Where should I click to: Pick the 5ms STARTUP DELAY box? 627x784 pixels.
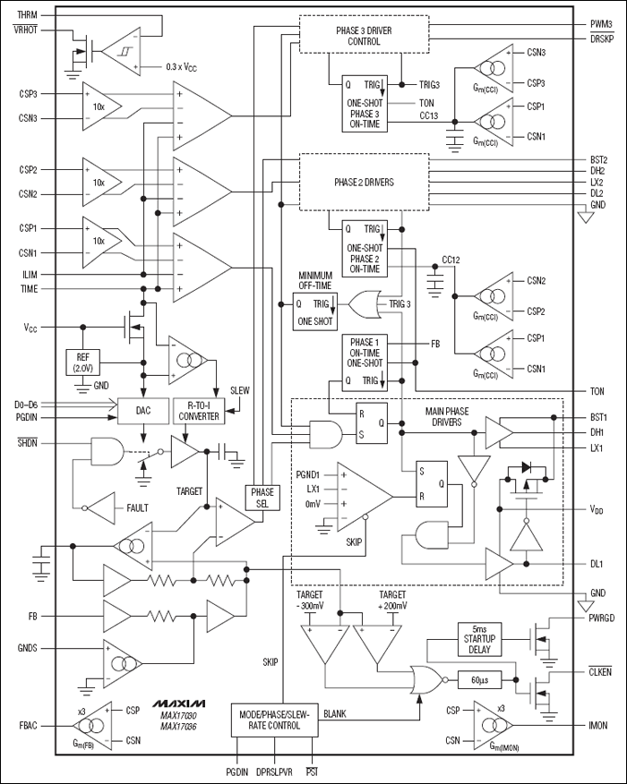pos(484,638)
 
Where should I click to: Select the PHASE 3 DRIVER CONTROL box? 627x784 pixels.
pos(364,34)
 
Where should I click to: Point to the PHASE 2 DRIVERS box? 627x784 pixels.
pos(364,181)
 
